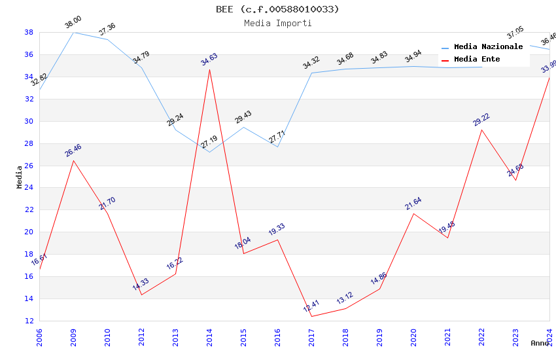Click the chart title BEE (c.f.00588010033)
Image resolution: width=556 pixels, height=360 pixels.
[277, 9]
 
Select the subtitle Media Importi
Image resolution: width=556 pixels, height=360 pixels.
[277, 24]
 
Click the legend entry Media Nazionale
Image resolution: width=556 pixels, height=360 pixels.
[488, 47]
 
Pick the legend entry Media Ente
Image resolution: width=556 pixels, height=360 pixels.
[477, 60]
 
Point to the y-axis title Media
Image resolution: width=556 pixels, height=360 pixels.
[20, 177]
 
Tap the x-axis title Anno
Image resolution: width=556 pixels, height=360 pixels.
[540, 343]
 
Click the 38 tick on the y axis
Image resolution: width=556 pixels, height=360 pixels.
[29, 32]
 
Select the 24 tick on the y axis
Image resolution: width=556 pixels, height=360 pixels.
[29, 188]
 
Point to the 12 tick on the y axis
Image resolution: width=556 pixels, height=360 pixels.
[29, 321]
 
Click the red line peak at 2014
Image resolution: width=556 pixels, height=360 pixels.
[209, 69]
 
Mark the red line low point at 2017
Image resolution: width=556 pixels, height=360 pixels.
[311, 316]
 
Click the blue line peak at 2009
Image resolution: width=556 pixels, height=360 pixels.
[73, 32]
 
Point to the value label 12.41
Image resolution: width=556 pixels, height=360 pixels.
[311, 306]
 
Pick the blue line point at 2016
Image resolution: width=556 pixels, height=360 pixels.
[277, 147]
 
